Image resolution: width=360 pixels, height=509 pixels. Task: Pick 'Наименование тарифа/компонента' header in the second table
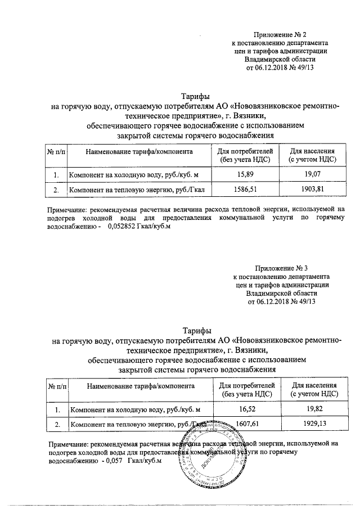click(x=141, y=386)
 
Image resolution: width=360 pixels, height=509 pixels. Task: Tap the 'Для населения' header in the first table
click(x=312, y=152)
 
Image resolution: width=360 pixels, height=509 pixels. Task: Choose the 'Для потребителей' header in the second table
click(x=247, y=386)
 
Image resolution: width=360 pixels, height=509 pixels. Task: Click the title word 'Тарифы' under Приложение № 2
click(x=195, y=96)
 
